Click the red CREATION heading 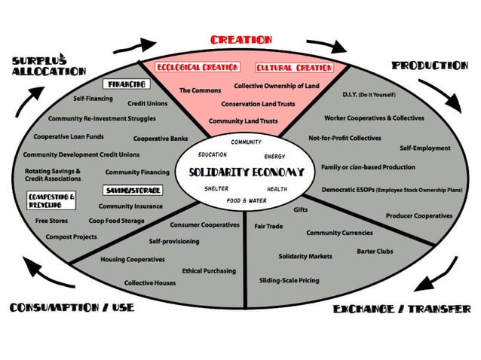click(x=241, y=40)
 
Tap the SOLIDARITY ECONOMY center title click(x=247, y=172)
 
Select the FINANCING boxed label click(x=127, y=84)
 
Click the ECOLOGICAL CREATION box click(x=198, y=67)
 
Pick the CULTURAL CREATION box click(x=295, y=68)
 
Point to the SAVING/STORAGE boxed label click(x=133, y=191)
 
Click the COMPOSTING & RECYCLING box click(x=51, y=200)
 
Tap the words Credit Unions click(x=148, y=104)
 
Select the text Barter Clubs click(x=375, y=252)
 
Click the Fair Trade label click(x=268, y=226)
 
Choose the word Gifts click(x=300, y=209)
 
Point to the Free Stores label click(x=51, y=221)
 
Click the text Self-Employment click(x=425, y=148)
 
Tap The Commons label click(x=200, y=90)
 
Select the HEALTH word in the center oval click(x=277, y=189)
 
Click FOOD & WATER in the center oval click(x=247, y=200)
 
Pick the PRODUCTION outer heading click(x=430, y=66)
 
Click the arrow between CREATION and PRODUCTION click(x=328, y=44)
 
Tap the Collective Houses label click(x=150, y=282)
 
